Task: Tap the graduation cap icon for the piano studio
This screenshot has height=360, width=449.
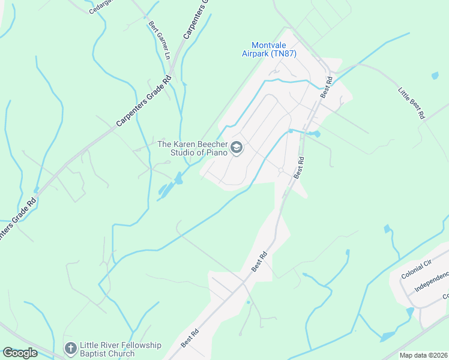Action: click(237, 148)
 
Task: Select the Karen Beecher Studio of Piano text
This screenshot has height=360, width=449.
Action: click(193, 148)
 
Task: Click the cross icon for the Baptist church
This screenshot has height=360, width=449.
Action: click(70, 348)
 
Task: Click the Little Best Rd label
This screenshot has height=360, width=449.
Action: click(412, 103)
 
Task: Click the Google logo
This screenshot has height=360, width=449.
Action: click(20, 353)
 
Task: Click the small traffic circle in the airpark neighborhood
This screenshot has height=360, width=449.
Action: click(280, 171)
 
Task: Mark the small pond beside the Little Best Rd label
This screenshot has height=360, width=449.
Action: click(435, 76)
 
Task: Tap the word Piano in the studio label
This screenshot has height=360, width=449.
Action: click(217, 153)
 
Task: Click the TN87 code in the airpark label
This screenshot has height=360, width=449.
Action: click(287, 54)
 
